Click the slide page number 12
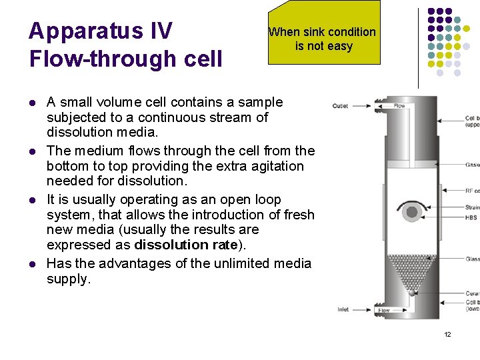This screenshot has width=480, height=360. [447, 334]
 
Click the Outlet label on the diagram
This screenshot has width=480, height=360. [340, 106]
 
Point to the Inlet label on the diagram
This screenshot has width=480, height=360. [343, 309]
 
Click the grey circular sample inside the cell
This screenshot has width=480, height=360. [412, 212]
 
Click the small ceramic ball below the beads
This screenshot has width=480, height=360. [412, 292]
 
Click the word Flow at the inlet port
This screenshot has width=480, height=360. [384, 310]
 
